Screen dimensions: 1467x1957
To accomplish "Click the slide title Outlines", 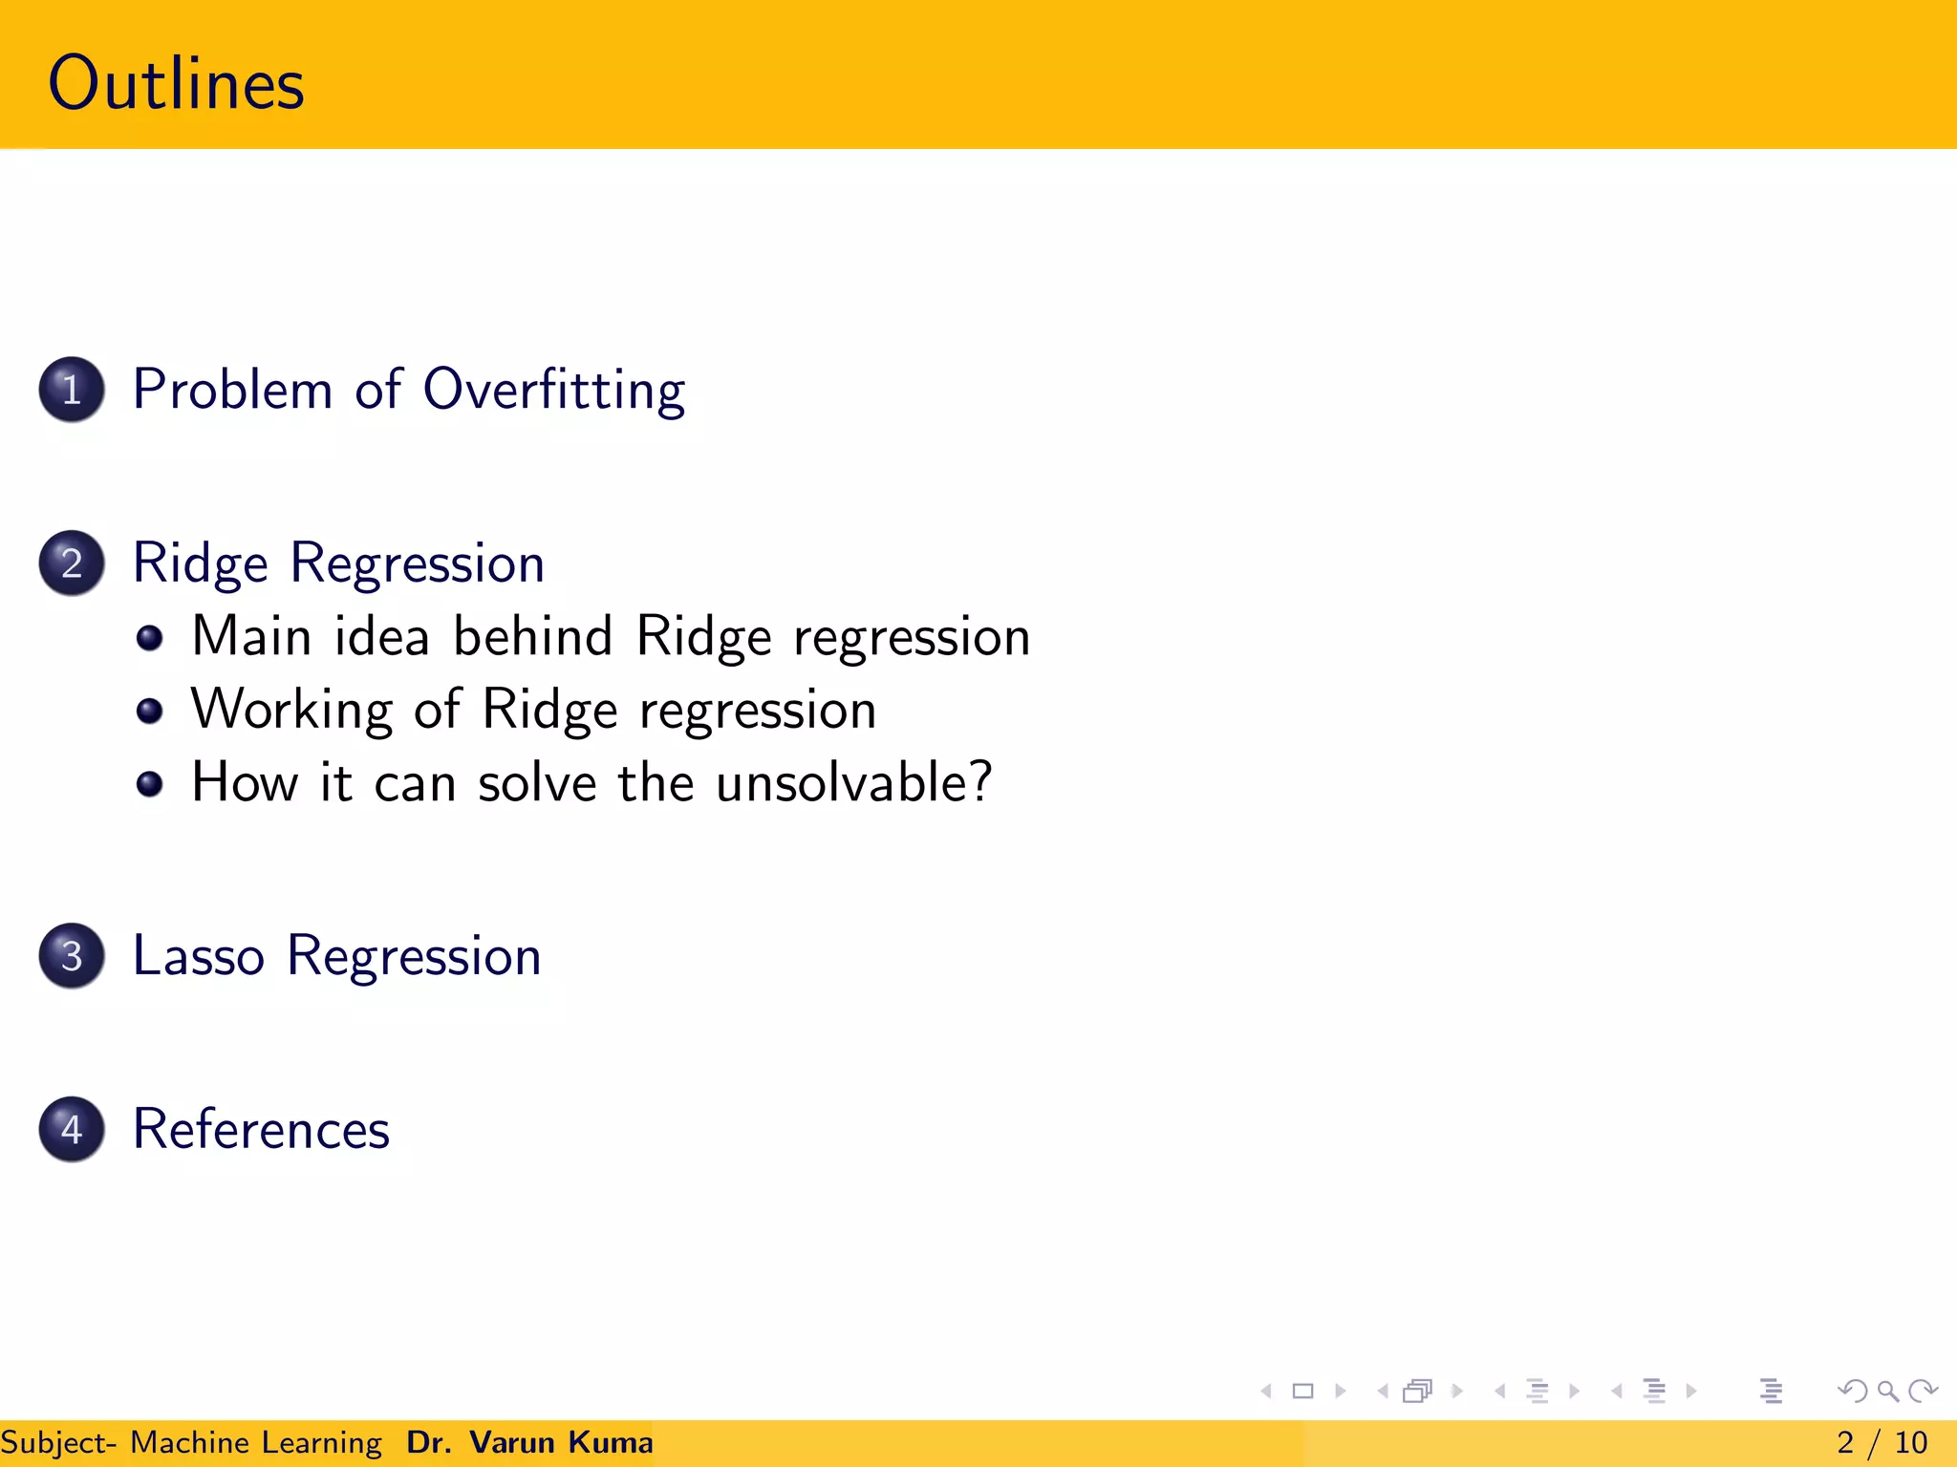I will click(x=176, y=84).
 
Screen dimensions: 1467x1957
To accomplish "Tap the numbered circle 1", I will click(x=72, y=390).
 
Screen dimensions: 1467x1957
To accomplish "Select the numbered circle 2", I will click(x=72, y=563).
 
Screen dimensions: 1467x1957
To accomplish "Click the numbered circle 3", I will click(x=72, y=956).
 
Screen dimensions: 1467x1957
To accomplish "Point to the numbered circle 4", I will click(x=72, y=1129).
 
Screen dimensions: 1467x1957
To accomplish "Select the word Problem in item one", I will click(x=232, y=391).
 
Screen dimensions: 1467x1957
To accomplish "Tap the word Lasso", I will click(x=198, y=956).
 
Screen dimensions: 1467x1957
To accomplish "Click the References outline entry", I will click(x=261, y=1130).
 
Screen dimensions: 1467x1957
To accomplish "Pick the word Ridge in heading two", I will click(x=199, y=563).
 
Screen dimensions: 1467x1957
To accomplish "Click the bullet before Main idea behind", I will click(x=149, y=638).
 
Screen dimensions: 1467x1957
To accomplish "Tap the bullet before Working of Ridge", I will click(x=149, y=711).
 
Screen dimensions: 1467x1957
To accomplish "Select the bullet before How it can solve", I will click(x=149, y=784).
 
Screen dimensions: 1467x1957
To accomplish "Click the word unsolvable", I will click(x=853, y=783).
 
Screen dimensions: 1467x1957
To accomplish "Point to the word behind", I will click(x=532, y=636).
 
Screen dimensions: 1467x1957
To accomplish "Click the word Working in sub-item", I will click(x=290, y=711).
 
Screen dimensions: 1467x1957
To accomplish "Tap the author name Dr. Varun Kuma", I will click(x=529, y=1442).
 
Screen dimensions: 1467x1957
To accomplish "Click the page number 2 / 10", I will click(x=1882, y=1442).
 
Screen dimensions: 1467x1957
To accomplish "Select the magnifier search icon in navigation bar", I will click(x=1887, y=1391).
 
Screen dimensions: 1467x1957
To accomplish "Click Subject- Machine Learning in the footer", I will click(x=191, y=1442).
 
